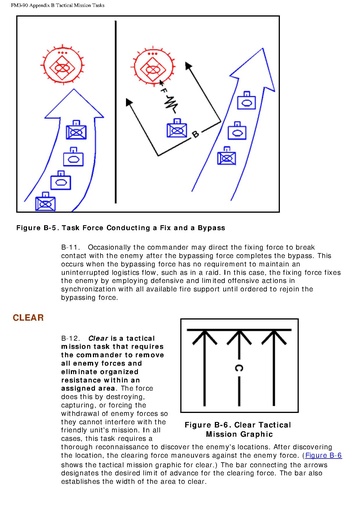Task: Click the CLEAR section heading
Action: click(x=28, y=317)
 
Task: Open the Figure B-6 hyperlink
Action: click(x=323, y=455)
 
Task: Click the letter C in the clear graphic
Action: click(x=239, y=368)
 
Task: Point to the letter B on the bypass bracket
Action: click(x=196, y=134)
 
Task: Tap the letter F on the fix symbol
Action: click(x=163, y=90)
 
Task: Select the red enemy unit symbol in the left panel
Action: click(x=62, y=65)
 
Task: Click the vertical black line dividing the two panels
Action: click(x=116, y=112)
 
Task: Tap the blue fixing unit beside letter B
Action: click(x=177, y=128)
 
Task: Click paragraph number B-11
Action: click(x=70, y=247)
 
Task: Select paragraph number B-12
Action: click(x=70, y=338)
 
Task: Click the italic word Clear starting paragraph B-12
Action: click(x=98, y=338)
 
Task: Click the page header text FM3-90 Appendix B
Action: click(x=31, y=5)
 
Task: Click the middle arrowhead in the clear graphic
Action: click(x=239, y=337)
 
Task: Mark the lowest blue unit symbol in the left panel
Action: click(x=45, y=202)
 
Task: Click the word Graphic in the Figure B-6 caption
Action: click(x=257, y=434)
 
